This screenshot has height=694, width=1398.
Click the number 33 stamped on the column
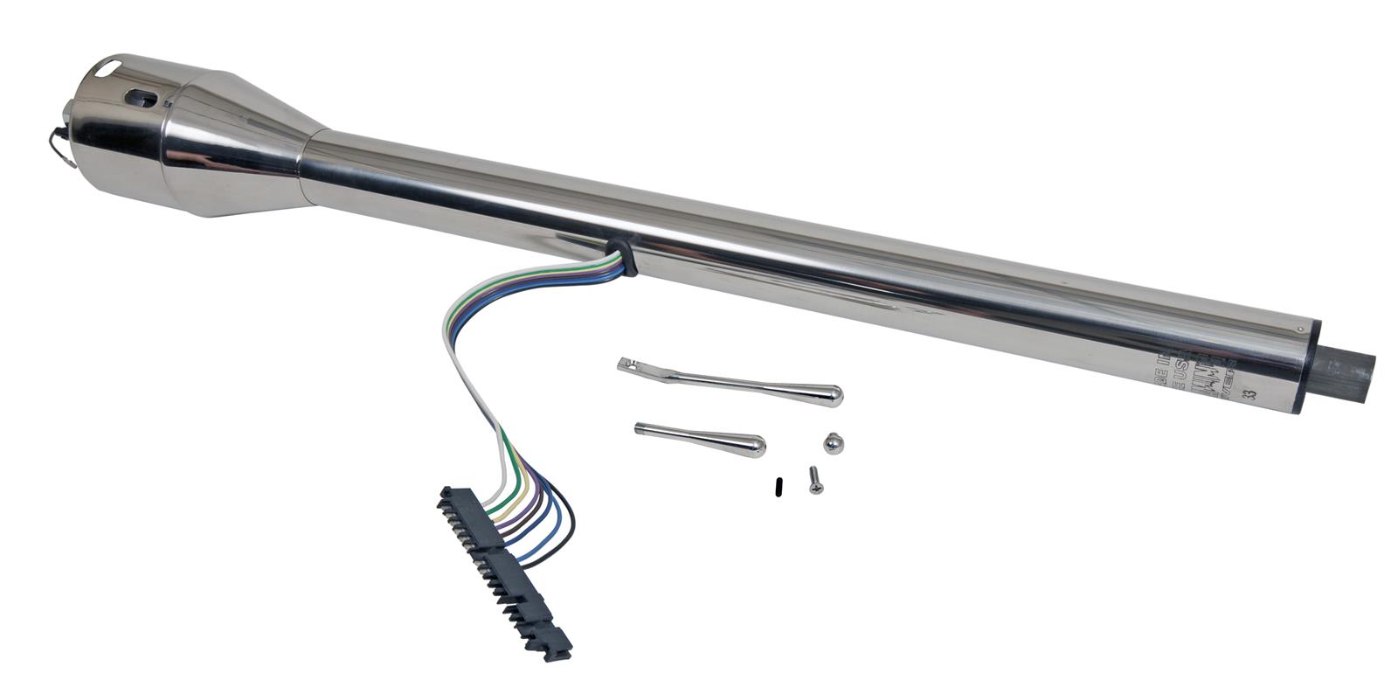[x=1254, y=392]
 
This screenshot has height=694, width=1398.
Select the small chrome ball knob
[x=834, y=443]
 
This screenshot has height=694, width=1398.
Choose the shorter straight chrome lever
[x=699, y=438]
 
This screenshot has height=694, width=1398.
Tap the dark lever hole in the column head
[x=142, y=99]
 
